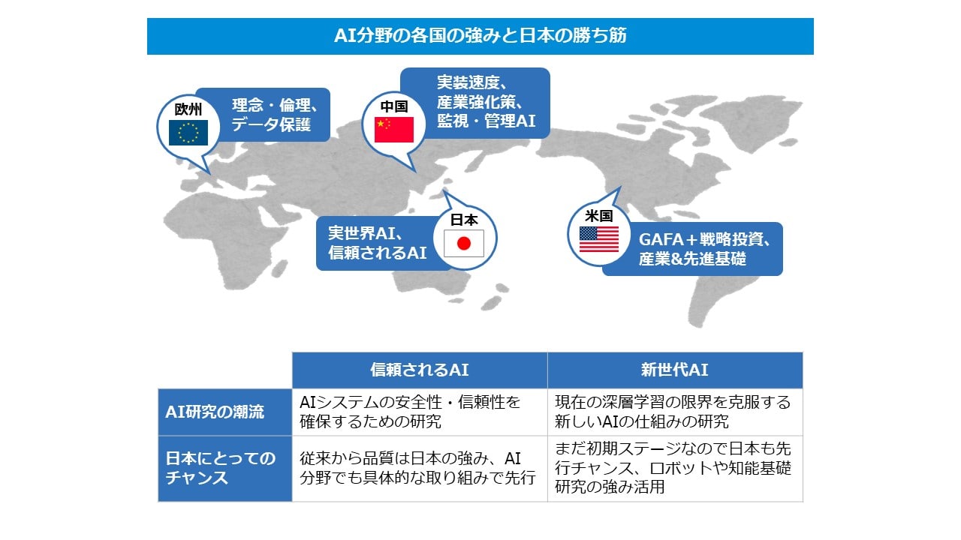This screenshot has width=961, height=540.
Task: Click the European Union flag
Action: point(188,133)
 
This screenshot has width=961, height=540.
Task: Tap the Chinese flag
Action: point(394,130)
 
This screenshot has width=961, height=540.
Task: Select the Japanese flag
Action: point(464,244)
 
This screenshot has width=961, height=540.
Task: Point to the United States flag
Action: point(599,239)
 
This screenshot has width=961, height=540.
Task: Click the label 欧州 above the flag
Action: point(188,109)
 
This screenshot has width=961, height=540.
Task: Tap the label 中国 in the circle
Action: point(394,106)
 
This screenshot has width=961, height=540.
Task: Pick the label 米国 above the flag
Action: point(599,215)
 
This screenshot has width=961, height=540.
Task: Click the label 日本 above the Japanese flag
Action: point(464,220)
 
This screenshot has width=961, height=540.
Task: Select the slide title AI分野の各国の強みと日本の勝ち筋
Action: point(480,35)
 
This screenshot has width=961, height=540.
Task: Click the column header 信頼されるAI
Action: point(420,370)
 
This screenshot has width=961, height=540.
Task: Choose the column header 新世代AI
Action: point(674,370)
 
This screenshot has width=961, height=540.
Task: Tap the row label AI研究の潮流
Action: point(215,412)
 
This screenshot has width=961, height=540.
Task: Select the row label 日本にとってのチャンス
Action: point(221,468)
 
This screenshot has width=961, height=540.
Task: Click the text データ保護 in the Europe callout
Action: point(271,124)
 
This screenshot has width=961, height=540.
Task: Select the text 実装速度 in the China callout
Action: point(468,82)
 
